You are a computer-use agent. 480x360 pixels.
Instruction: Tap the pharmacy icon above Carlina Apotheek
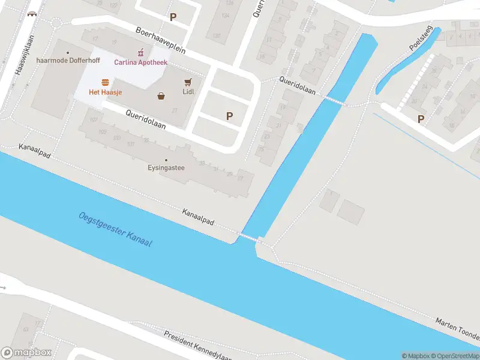(x=141, y=53)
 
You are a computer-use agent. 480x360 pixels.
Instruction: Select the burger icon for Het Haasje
(x=105, y=82)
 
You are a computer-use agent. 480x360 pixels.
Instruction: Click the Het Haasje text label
(x=105, y=92)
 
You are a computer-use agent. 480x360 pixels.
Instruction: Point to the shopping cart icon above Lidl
(x=188, y=82)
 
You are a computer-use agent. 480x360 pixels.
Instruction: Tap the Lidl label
(x=188, y=92)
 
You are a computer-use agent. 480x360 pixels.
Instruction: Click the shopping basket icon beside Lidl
(x=161, y=95)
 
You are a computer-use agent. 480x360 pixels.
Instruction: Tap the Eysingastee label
(x=166, y=168)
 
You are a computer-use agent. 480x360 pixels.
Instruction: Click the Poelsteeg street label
(x=419, y=40)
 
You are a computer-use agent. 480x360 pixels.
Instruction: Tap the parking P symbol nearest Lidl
(x=229, y=116)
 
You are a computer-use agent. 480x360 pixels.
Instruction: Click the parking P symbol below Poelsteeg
(x=421, y=119)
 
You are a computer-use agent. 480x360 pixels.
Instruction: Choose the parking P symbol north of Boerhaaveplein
(x=173, y=17)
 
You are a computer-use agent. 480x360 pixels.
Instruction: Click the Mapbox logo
(x=26, y=352)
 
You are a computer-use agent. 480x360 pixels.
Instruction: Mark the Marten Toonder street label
(x=457, y=326)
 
